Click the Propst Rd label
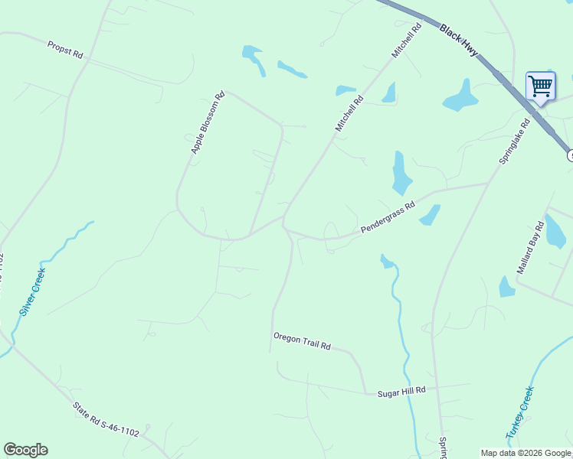tap(64, 50)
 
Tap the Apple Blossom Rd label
tap(207, 122)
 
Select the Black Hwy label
tap(459, 40)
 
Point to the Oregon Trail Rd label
tap(301, 341)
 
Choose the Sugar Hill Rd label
tap(401, 391)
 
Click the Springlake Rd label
tap(514, 142)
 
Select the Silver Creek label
tap(33, 292)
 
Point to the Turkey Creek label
tap(519, 412)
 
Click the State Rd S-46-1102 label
tap(106, 421)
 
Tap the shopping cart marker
tap(540, 86)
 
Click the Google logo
tap(25, 450)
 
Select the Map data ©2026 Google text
tap(526, 453)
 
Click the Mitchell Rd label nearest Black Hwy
tap(407, 41)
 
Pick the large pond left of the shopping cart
tap(460, 96)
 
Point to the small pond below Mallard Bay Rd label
tap(506, 287)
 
